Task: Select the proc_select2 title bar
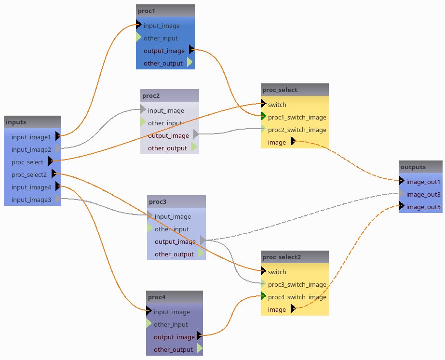coord(282,257)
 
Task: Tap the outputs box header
coord(413,167)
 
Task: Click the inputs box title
coord(16,122)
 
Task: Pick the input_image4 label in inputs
coord(31,187)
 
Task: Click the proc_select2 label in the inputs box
coord(29,174)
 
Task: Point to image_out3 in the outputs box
coord(423,194)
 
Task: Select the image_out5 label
coord(423,207)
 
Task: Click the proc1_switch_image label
coord(297,117)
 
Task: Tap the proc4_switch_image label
coord(297,297)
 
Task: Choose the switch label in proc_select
coord(277,105)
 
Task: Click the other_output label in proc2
coord(167,148)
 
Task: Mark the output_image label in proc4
coord(174,337)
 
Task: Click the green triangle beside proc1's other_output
coord(189,63)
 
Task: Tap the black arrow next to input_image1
coord(58,136)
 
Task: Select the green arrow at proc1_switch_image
coord(263,116)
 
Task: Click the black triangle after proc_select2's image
coord(293,309)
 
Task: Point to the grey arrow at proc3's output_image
coord(203,240)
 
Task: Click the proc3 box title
coord(157,201)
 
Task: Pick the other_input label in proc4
coord(171,324)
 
